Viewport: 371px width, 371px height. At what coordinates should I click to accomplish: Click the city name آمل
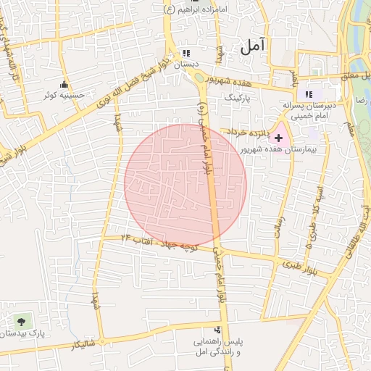coord(252,46)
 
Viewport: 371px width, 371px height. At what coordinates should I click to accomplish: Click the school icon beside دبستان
coord(187,53)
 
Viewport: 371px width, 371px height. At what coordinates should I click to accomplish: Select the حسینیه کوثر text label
coord(64,95)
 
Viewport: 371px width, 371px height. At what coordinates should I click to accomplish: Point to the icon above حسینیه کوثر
coord(64,83)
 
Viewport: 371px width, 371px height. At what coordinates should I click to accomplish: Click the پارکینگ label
coord(240,95)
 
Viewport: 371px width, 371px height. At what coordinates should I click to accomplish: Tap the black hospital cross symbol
coord(279,137)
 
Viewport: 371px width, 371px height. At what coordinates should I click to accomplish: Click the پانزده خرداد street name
coord(246,133)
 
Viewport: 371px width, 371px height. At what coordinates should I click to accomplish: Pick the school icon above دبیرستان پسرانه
coord(309,94)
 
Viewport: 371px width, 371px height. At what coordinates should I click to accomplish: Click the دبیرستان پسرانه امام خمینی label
coord(308,109)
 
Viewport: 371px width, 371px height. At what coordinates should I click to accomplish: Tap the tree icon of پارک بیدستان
coord(20,320)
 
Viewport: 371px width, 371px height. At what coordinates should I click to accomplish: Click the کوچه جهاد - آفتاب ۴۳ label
coord(159,242)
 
